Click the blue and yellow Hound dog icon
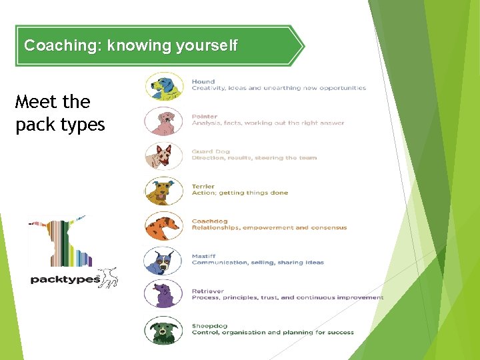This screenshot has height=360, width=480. (164, 87)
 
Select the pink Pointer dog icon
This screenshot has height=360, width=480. (164, 121)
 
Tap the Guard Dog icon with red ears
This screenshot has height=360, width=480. (164, 156)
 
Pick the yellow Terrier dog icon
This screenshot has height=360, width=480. (164, 191)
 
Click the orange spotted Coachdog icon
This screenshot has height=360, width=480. (164, 225)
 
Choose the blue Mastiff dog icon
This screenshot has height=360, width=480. (164, 261)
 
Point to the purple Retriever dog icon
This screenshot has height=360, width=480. (164, 294)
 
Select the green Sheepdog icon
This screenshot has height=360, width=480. (164, 330)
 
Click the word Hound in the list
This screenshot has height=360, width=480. (203, 82)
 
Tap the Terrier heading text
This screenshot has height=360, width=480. (203, 187)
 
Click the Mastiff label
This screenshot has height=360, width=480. (203, 256)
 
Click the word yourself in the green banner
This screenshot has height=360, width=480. (206, 46)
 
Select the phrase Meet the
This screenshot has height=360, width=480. (52, 102)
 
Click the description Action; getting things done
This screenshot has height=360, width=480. (240, 193)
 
